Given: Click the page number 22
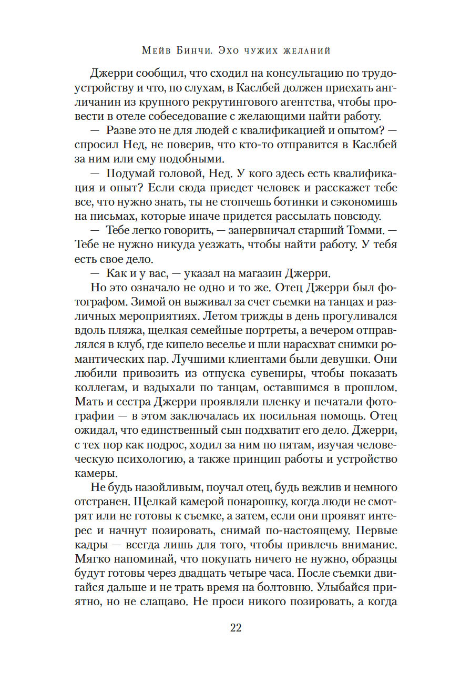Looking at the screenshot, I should pyautogui.click(x=235, y=627).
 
